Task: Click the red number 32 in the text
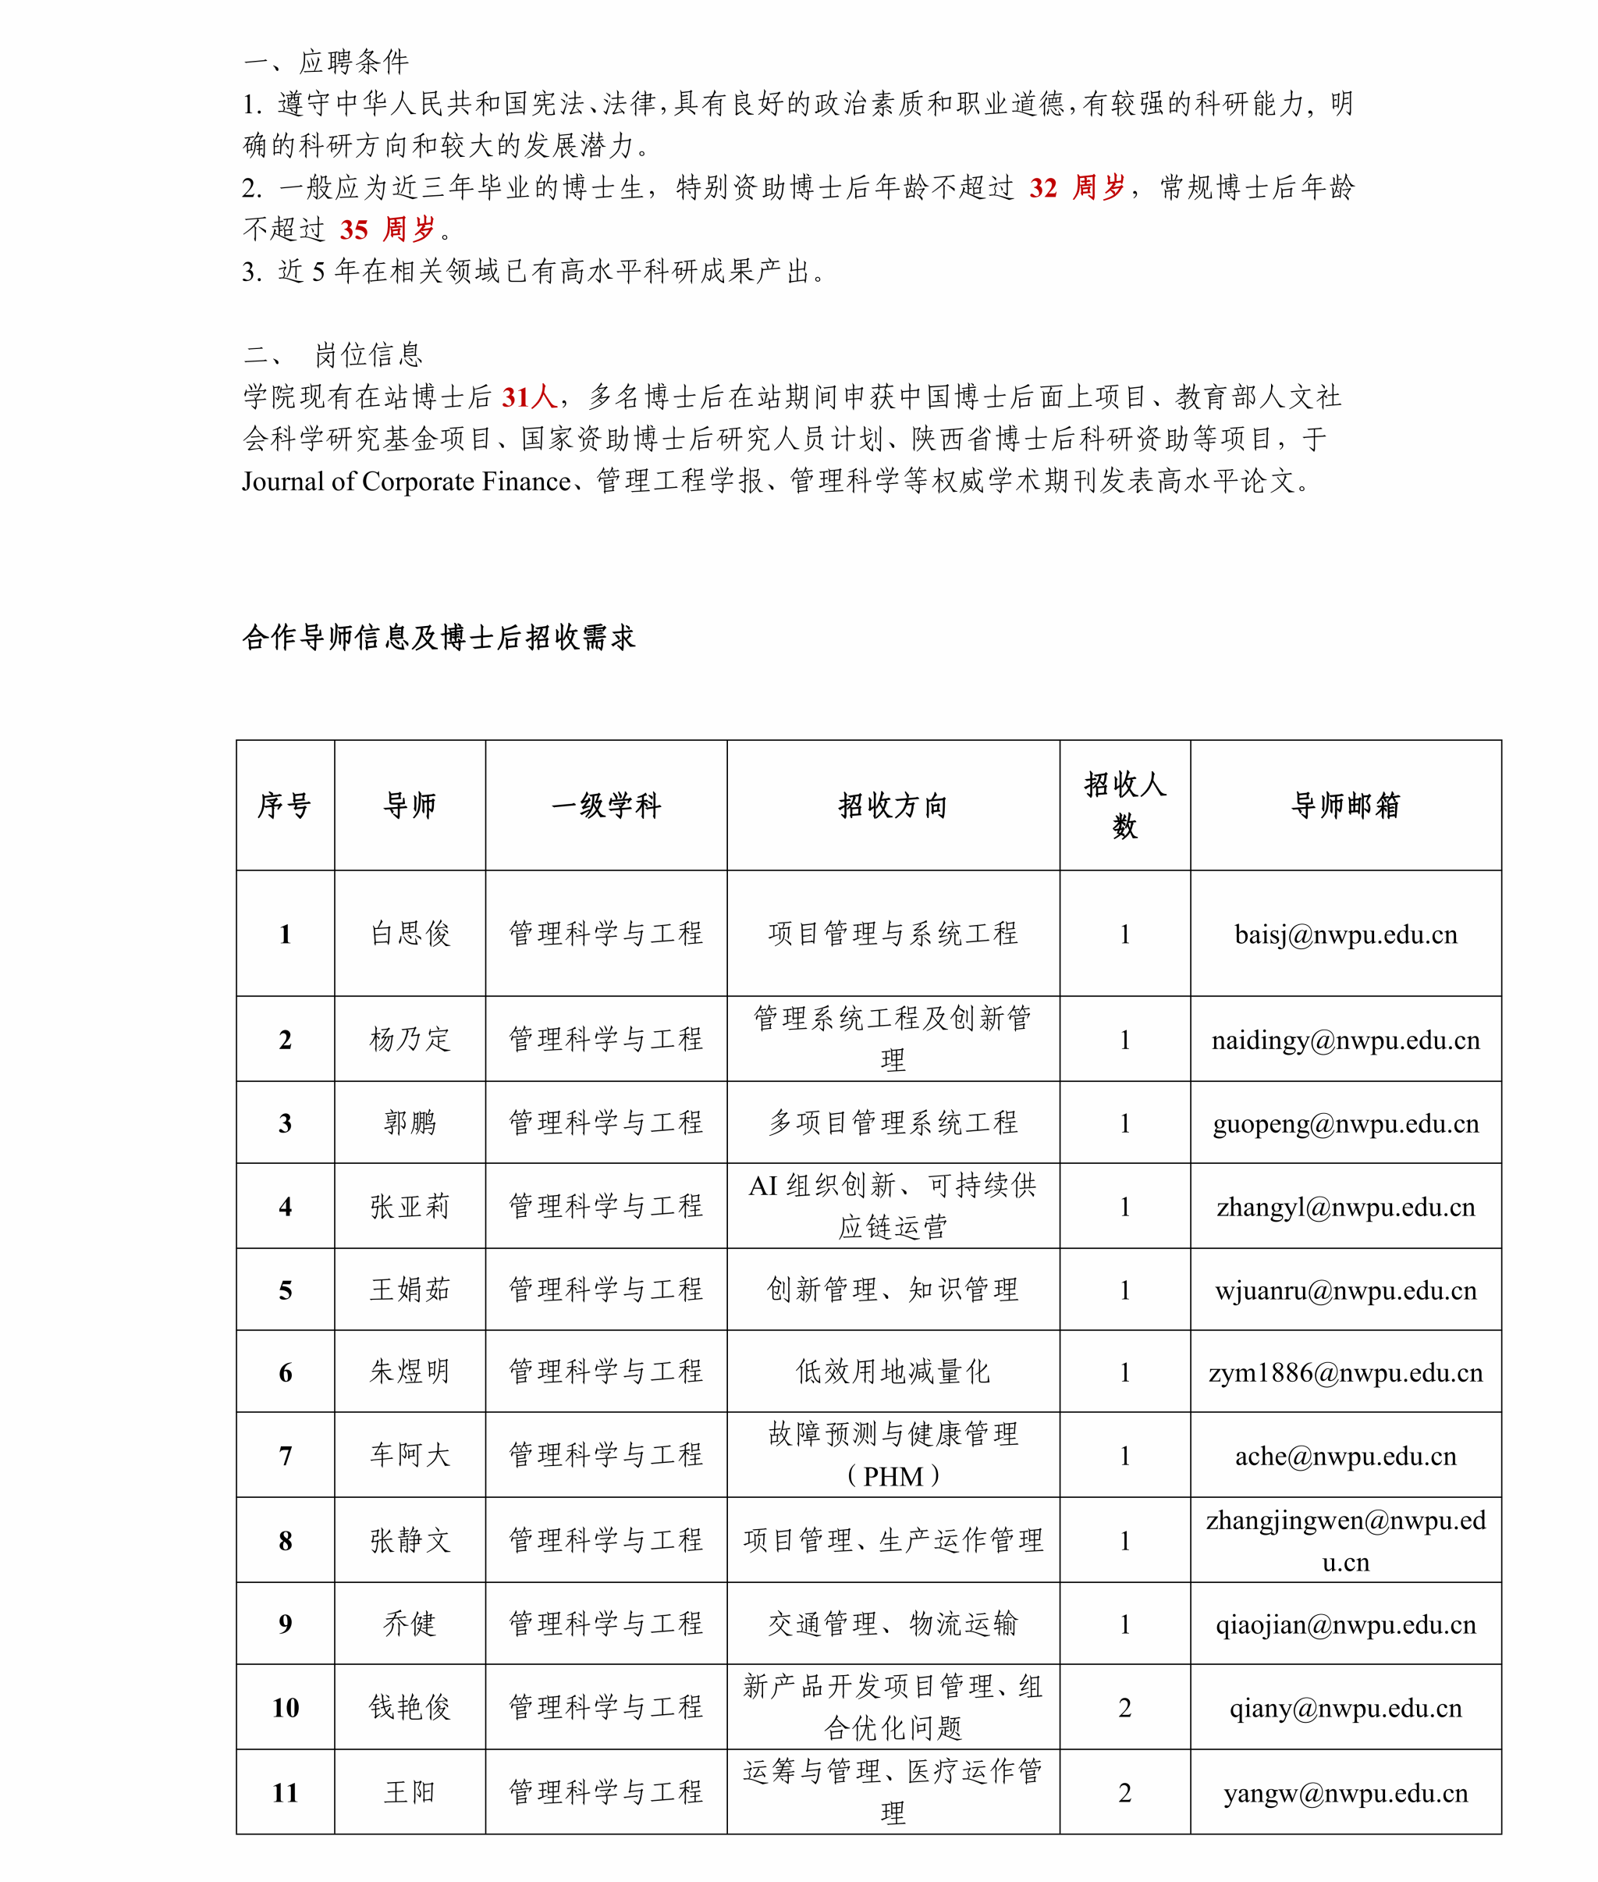1042,187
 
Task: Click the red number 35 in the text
353,229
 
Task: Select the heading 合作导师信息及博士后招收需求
439,637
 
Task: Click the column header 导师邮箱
1345,805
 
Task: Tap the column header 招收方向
893,805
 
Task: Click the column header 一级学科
606,805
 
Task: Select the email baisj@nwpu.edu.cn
1345,934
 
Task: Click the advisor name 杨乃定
410,1039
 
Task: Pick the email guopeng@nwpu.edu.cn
1345,1123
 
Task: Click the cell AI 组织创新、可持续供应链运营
893,1206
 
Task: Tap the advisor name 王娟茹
410,1290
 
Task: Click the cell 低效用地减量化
893,1371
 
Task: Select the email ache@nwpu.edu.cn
1345,1456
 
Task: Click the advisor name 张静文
410,1540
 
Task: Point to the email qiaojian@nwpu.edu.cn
1345,1624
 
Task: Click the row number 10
286,1708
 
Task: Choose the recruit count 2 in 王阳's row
1124,1792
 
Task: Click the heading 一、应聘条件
326,62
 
